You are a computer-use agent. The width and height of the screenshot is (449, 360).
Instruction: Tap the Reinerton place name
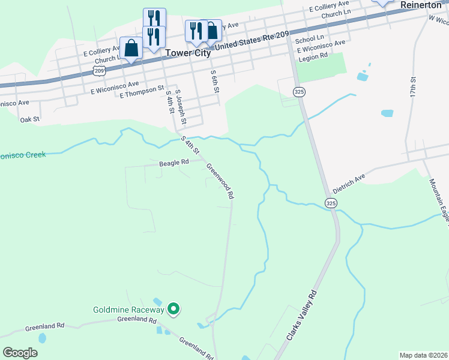tap(424, 4)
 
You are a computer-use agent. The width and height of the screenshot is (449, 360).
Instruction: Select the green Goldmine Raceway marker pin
tap(173, 310)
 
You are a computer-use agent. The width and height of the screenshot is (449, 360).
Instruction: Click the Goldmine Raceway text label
tap(128, 310)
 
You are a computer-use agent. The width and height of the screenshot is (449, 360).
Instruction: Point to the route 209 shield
tap(100, 71)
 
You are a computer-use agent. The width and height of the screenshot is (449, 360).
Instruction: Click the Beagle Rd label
tap(174, 162)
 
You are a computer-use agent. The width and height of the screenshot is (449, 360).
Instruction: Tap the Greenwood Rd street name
tap(220, 181)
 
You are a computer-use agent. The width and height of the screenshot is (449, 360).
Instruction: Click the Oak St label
tap(29, 119)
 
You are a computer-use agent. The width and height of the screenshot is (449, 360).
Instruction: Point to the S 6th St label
tap(214, 81)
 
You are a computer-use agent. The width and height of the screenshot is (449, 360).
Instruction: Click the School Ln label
tap(309, 39)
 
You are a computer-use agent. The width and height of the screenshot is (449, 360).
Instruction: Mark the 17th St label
tap(413, 88)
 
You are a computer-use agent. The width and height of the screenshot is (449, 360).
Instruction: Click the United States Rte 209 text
tap(251, 40)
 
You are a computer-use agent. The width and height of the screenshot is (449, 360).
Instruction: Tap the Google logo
tap(20, 353)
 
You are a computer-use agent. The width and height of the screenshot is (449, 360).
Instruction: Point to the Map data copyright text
tap(423, 355)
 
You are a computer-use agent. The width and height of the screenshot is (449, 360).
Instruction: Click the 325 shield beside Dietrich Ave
tap(331, 203)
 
